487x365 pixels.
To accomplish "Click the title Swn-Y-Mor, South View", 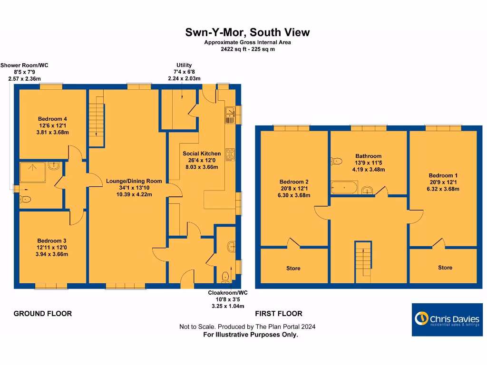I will pyautogui.click(x=247, y=32).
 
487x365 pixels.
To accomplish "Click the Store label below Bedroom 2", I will pyautogui.click(x=293, y=269).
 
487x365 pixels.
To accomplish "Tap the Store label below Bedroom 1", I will pyautogui.click(x=445, y=268).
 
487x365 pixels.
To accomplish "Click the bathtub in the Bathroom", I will pyautogui.click(x=344, y=188).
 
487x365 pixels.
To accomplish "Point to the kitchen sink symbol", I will pyautogui.click(x=230, y=115).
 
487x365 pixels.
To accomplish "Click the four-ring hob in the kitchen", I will pyautogui.click(x=230, y=154).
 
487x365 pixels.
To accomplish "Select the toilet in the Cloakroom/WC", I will pyautogui.click(x=225, y=275).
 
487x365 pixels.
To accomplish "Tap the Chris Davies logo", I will pyautogui.click(x=447, y=319).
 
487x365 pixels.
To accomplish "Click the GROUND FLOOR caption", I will pyautogui.click(x=43, y=314).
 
